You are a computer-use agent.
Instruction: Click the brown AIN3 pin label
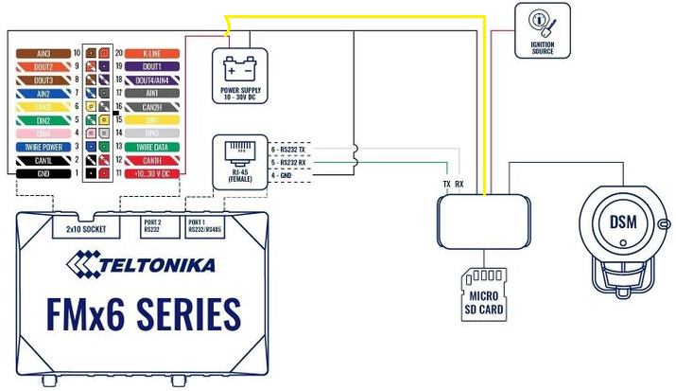tap(43, 54)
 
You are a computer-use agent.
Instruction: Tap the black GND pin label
tap(43, 174)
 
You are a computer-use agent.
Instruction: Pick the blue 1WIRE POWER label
tap(43, 148)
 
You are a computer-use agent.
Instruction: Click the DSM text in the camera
tap(622, 222)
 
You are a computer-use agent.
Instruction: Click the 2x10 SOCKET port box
tap(84, 229)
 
